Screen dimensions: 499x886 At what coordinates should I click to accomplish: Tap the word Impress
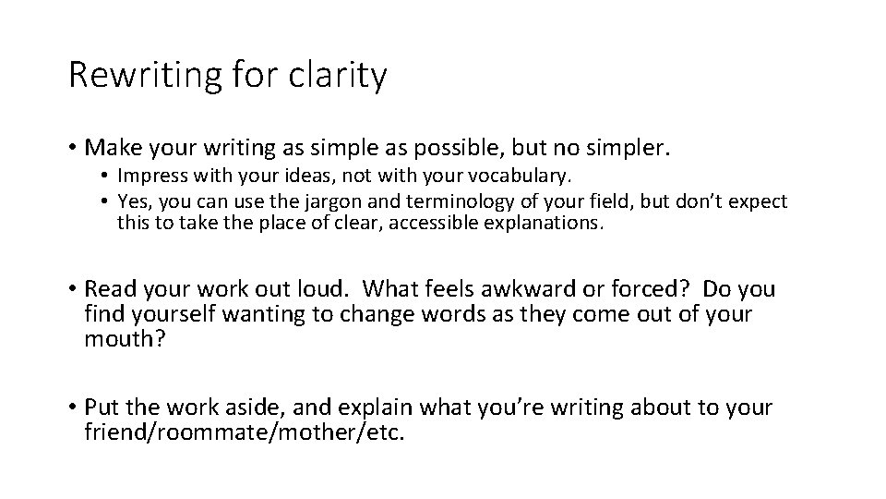pos(148,176)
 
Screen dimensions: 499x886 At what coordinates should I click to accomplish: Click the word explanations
pos(549,223)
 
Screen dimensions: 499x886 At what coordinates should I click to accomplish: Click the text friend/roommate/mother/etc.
pos(245,432)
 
